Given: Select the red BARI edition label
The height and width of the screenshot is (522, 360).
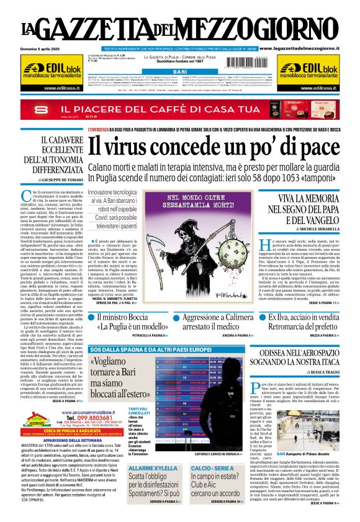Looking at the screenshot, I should tap(179, 72).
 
